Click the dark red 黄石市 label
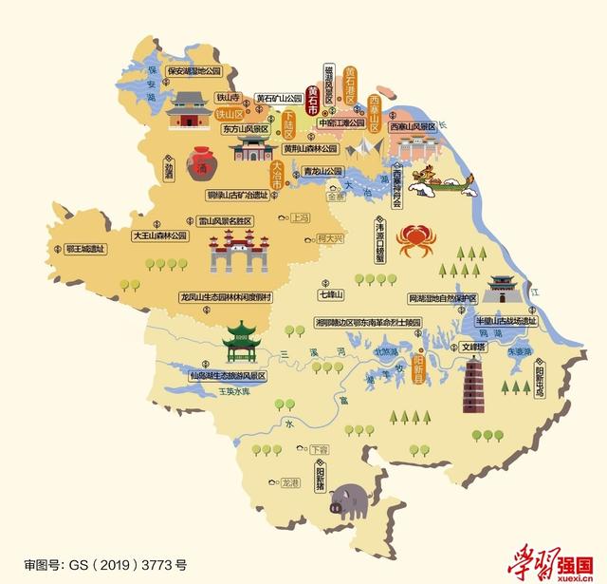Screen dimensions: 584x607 [312, 99]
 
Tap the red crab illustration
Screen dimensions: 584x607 [415, 239]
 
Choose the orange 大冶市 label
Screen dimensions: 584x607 [277, 173]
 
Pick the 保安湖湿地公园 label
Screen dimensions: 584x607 [193, 70]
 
